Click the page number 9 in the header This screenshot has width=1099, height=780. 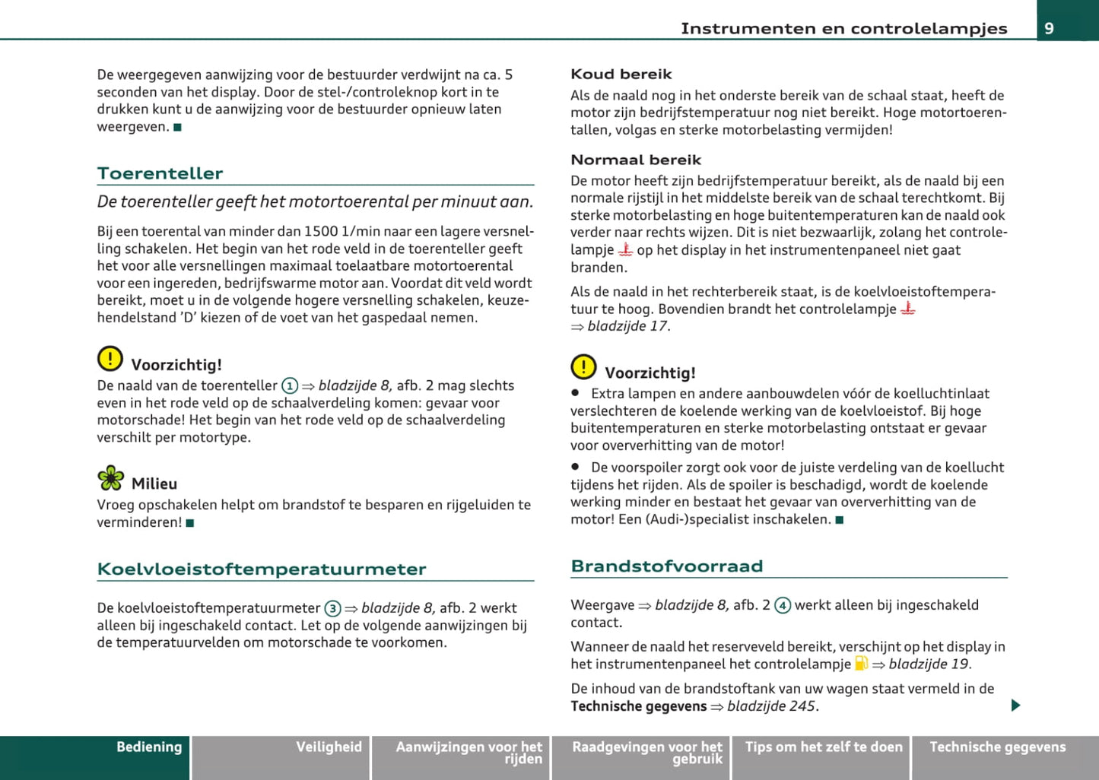click(1050, 28)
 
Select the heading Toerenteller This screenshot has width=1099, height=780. click(160, 173)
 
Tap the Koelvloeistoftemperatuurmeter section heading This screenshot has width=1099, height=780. click(262, 569)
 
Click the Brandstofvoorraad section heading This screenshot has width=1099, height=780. click(666, 566)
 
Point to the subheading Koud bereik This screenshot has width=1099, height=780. click(621, 75)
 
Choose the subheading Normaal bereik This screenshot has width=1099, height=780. click(636, 160)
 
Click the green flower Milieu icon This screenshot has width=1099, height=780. click(111, 478)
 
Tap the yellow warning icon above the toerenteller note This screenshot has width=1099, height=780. click(110, 359)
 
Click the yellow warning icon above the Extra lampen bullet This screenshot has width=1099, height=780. click(583, 367)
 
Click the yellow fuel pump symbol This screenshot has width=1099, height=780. click(861, 664)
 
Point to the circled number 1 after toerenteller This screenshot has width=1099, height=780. click(290, 386)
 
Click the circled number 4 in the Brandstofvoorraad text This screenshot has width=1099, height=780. click(783, 606)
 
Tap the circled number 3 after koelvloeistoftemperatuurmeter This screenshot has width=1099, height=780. click(332, 609)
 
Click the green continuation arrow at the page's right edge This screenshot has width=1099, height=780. click(1015, 705)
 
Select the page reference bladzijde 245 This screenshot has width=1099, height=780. click(772, 706)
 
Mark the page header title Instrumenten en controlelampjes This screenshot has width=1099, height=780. click(843, 29)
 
